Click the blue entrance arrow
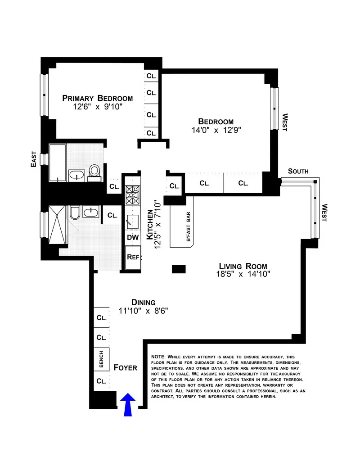point(128,404)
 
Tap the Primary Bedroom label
point(97,98)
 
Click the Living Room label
point(243,266)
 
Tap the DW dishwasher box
point(132,237)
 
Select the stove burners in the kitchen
point(132,195)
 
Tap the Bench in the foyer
point(102,360)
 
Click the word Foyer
point(125,367)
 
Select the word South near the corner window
point(298,171)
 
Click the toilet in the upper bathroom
point(94,171)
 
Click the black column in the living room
point(179,269)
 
